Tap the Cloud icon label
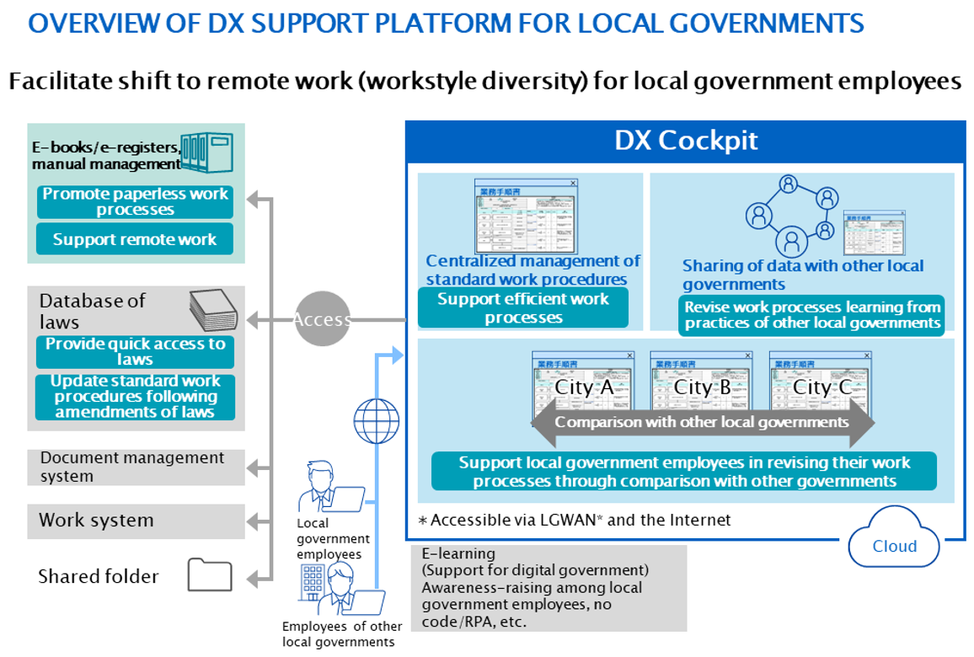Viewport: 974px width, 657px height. tap(894, 546)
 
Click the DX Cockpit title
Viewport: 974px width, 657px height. tap(686, 140)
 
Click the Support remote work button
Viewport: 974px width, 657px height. tap(135, 239)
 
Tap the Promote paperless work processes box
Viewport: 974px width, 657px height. tap(135, 202)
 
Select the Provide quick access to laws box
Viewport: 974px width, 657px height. tap(135, 351)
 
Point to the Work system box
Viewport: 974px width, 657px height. tap(136, 521)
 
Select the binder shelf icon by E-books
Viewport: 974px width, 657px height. tap(207, 152)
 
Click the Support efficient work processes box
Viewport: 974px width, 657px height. tap(522, 308)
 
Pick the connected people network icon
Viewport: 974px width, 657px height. tap(790, 214)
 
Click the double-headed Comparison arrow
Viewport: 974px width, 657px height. tap(702, 422)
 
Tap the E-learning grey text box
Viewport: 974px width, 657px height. tap(549, 588)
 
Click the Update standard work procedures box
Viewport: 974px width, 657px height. tap(135, 397)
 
